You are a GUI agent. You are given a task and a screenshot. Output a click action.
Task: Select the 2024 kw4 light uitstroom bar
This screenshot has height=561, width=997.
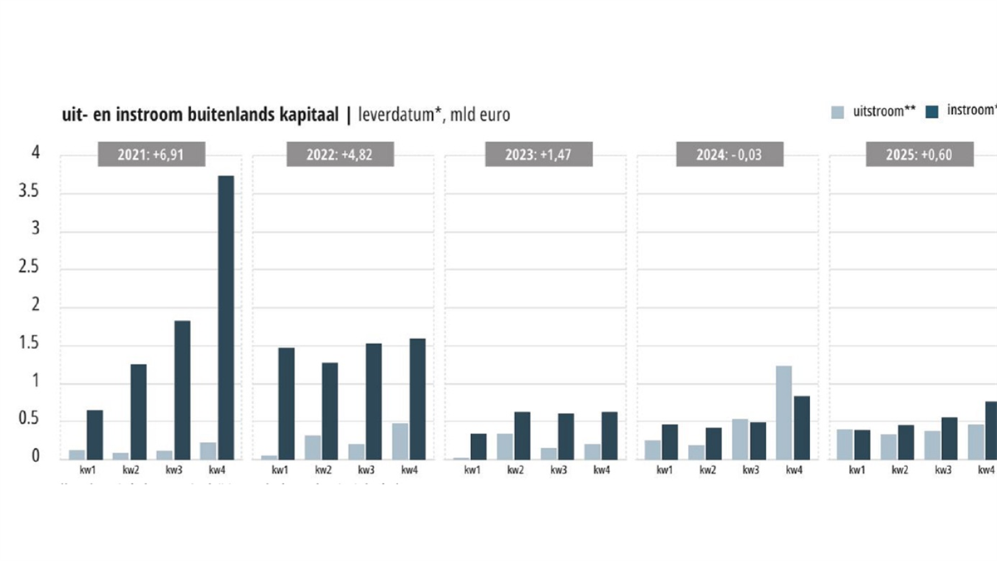coord(783,412)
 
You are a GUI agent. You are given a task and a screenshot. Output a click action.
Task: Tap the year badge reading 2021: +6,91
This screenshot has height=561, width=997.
coord(151,155)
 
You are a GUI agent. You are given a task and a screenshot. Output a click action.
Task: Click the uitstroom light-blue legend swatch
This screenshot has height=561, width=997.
coord(838,112)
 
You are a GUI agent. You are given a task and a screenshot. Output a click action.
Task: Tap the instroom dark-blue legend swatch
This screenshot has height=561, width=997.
coord(933,112)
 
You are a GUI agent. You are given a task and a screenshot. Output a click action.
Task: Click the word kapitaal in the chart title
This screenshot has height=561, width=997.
coord(307,116)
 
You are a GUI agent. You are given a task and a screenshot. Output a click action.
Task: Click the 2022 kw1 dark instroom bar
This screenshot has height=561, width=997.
coord(287,403)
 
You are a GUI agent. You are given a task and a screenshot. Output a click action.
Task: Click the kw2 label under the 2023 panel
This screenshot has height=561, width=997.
coord(515,470)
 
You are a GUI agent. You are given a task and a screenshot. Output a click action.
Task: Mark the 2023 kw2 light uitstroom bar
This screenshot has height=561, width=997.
coord(505,446)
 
